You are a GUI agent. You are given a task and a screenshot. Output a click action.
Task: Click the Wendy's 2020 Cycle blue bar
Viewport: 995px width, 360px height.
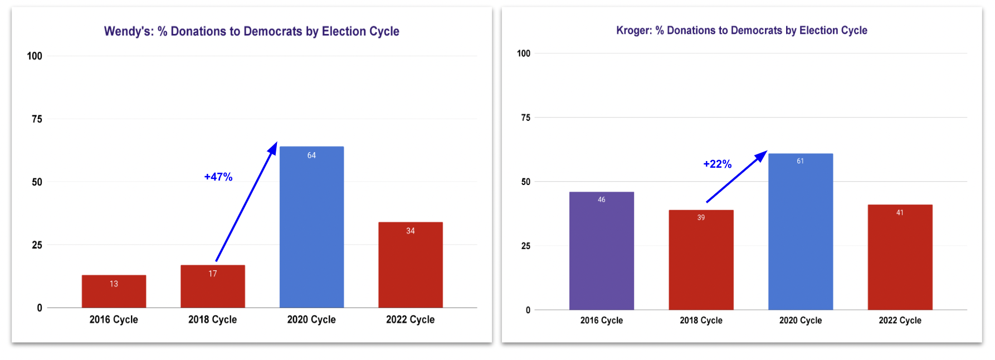click(x=311, y=228)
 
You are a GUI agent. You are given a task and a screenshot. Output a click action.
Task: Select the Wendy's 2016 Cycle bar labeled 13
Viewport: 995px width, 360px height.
click(x=114, y=293)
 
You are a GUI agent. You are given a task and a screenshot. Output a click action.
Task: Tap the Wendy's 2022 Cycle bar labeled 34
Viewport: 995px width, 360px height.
click(x=410, y=266)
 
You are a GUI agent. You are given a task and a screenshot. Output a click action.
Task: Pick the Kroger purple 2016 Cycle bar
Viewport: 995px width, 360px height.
click(x=601, y=252)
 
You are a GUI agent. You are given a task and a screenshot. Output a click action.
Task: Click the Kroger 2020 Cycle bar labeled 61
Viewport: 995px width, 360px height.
click(x=800, y=233)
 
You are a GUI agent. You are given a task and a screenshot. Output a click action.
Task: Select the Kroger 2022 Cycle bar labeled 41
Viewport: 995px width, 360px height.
click(x=900, y=258)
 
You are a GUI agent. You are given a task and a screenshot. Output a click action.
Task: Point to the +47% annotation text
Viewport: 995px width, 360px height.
click(x=218, y=177)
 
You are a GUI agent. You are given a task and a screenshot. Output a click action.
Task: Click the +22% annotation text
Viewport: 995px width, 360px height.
click(x=717, y=164)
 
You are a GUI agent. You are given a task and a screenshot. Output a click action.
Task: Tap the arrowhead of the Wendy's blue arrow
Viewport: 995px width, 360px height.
click(x=273, y=148)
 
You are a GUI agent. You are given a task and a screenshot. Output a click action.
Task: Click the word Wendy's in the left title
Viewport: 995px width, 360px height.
click(x=128, y=31)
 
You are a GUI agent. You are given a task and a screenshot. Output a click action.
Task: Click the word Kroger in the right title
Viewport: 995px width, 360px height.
click(x=633, y=31)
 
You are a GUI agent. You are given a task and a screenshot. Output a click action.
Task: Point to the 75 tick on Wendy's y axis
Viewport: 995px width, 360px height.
click(x=37, y=119)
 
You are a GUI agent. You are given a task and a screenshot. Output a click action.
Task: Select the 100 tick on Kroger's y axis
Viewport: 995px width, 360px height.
click(x=523, y=53)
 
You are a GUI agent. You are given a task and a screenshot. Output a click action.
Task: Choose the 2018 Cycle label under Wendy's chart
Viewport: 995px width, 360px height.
click(x=212, y=319)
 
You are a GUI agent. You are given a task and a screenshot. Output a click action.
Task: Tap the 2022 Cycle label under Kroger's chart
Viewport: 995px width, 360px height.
click(x=900, y=320)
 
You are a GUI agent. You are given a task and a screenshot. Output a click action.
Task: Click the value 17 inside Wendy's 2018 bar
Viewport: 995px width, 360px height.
click(x=212, y=274)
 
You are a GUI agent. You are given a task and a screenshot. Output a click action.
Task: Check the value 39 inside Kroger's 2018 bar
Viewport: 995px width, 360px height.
click(x=701, y=218)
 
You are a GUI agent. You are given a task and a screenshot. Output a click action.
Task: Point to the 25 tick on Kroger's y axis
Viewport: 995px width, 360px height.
click(x=525, y=246)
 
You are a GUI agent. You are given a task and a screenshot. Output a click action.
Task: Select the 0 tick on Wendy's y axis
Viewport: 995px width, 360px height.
click(x=40, y=308)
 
